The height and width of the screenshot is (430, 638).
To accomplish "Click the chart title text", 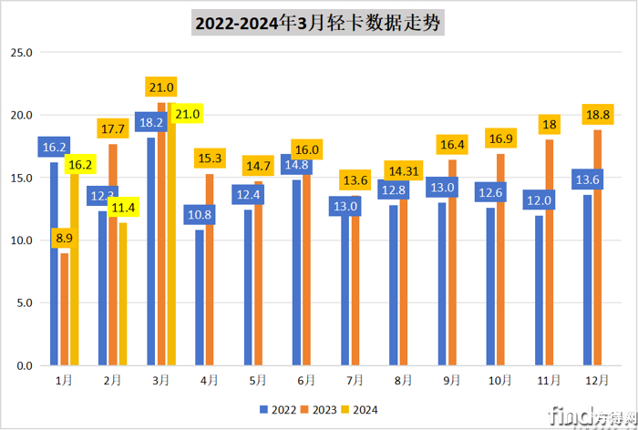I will [318, 23].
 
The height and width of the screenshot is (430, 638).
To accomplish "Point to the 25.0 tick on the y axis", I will [20, 53].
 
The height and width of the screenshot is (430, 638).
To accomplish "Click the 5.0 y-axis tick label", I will [20, 302].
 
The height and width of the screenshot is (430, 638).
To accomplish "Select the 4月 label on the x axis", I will [209, 379].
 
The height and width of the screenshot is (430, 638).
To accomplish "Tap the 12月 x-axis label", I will [598, 379].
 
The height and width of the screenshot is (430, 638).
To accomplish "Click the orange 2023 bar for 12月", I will [598, 247].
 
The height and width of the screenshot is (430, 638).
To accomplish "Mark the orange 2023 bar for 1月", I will [65, 309].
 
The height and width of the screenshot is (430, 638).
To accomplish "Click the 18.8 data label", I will [599, 114].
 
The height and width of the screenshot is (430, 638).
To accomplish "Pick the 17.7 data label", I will [112, 128].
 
